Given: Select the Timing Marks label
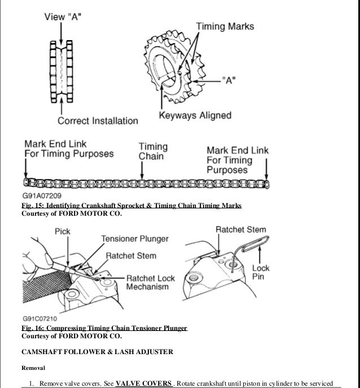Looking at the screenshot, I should (x=225, y=26).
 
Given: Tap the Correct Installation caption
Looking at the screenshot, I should (x=98, y=120).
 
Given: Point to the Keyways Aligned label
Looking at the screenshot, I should (x=195, y=116).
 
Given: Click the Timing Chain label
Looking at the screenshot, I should (x=152, y=150).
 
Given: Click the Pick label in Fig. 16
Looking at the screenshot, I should (x=62, y=232).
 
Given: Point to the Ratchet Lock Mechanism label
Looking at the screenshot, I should (x=151, y=283).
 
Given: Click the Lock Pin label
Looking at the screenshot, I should (x=261, y=273).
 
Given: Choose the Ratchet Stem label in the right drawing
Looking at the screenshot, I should (x=241, y=230).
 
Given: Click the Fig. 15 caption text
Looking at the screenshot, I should (x=131, y=206).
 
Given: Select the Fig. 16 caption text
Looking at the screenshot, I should (x=104, y=328).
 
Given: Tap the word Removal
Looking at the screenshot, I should (x=34, y=368).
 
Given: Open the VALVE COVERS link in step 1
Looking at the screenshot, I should (x=143, y=383).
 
